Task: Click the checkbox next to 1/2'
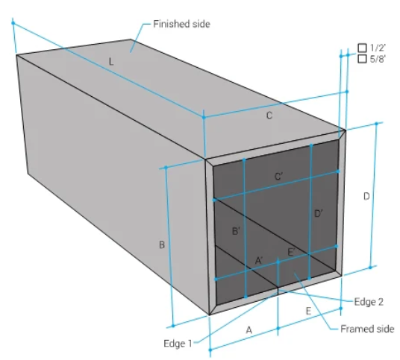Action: tap(362, 48)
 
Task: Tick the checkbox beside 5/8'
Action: tap(362, 59)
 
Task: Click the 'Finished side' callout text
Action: tap(181, 24)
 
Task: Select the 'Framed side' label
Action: tap(368, 329)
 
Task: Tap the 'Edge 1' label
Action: tap(178, 344)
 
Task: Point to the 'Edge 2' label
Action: tap(369, 302)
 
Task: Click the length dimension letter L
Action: tap(111, 62)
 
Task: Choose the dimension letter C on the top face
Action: tap(269, 116)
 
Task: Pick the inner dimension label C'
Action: tap(278, 177)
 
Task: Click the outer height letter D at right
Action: tap(366, 197)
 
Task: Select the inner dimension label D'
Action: tap(319, 213)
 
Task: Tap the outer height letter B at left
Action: tap(162, 244)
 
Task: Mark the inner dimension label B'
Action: tap(236, 231)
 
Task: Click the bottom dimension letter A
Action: tap(249, 330)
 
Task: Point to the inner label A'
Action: tap(259, 260)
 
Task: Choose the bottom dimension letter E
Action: tap(308, 311)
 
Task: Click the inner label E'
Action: tap(291, 252)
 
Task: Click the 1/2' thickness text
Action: tap(378, 48)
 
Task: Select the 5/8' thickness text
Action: tap(378, 59)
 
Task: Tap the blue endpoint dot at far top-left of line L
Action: tap(13, 23)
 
